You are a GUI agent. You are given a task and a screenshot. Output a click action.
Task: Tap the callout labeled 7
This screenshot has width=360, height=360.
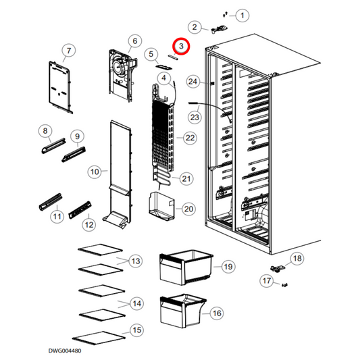click(68, 50)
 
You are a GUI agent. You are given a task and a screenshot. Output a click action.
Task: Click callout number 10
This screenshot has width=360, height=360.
click(95, 172)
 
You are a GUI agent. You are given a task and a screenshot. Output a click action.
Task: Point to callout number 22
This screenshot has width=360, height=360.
click(190, 138)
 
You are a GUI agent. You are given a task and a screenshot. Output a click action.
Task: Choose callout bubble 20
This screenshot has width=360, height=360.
click(188, 209)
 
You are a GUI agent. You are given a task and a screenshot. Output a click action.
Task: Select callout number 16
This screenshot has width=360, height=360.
click(217, 313)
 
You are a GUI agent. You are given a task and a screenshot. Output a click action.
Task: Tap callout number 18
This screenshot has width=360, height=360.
click(297, 258)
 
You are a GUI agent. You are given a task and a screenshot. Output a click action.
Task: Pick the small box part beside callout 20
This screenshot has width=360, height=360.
click(161, 206)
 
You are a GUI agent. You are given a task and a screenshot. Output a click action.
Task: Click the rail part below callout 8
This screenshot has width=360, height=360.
click(54, 146)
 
